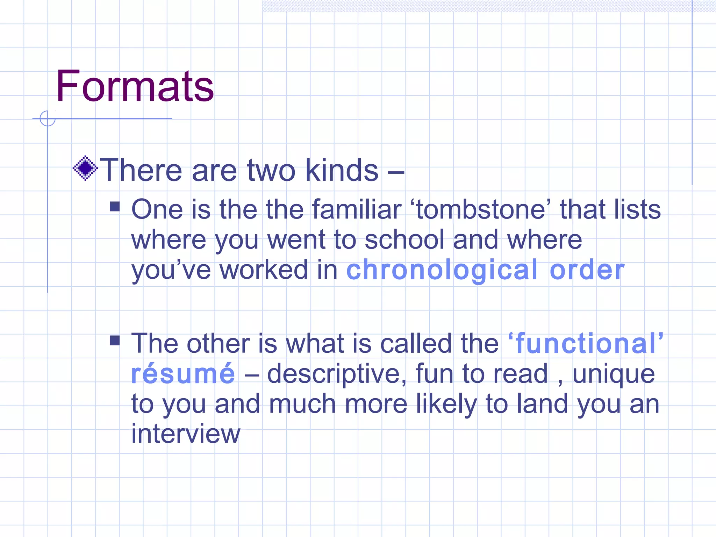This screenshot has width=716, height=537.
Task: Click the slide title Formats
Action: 135,86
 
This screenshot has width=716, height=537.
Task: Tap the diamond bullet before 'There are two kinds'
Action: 85,168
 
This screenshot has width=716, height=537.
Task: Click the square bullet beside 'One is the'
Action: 115,207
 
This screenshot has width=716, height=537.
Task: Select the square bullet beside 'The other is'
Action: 115,340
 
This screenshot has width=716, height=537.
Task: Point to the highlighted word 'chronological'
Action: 442,270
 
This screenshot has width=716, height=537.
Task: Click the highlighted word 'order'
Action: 587,270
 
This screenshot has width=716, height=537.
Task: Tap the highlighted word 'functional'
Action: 586,344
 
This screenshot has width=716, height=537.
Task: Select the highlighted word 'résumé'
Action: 183,374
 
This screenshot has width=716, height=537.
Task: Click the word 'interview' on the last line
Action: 186,434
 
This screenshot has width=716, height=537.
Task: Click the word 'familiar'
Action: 356,210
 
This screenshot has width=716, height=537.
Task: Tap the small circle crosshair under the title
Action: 48,119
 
